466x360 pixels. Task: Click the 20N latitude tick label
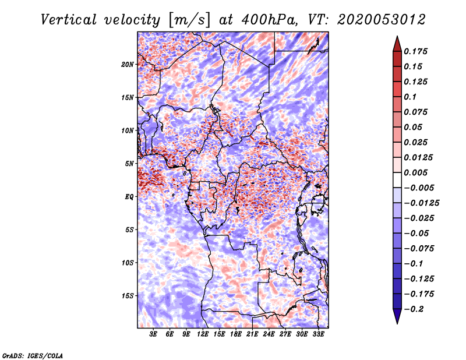tap(128, 64)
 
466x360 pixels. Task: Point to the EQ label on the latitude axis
tap(129, 197)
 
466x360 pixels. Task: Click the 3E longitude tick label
tap(154, 334)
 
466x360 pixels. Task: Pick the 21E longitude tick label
tap(252, 334)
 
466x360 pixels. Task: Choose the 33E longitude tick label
tap(318, 334)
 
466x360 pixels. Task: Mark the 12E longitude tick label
tap(203, 334)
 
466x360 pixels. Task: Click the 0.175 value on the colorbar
tap(417, 51)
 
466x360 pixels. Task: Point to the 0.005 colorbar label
tap(417, 172)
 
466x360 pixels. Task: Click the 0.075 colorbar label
tap(417, 112)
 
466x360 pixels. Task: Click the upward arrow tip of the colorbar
tap(397, 37)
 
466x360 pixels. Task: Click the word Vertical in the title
tap(69, 20)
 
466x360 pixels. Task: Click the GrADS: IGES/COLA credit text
tap(32, 354)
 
